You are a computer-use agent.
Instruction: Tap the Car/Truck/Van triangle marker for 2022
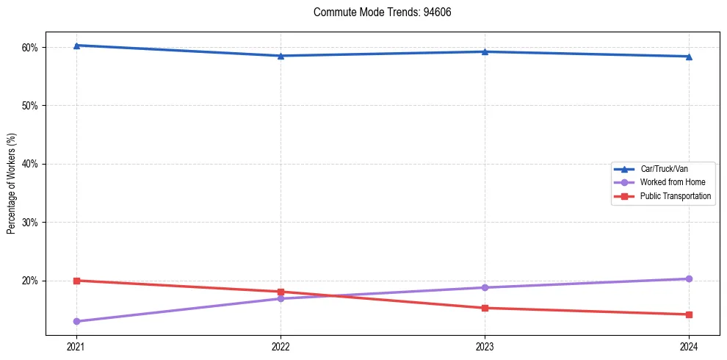click(281, 56)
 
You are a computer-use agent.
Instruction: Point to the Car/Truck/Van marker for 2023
click(485, 51)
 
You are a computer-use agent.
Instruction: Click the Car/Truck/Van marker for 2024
click(689, 57)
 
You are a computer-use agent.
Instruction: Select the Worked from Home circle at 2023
click(485, 287)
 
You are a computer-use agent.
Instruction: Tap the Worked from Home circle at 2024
click(689, 278)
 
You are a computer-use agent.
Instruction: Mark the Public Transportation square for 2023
click(485, 308)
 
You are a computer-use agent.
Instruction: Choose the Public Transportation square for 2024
click(689, 314)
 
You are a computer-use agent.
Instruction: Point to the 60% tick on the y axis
click(31, 48)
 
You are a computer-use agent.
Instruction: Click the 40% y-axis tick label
click(31, 164)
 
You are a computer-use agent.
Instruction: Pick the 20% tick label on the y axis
click(31, 281)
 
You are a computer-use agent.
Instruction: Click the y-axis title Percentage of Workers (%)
click(12, 184)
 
